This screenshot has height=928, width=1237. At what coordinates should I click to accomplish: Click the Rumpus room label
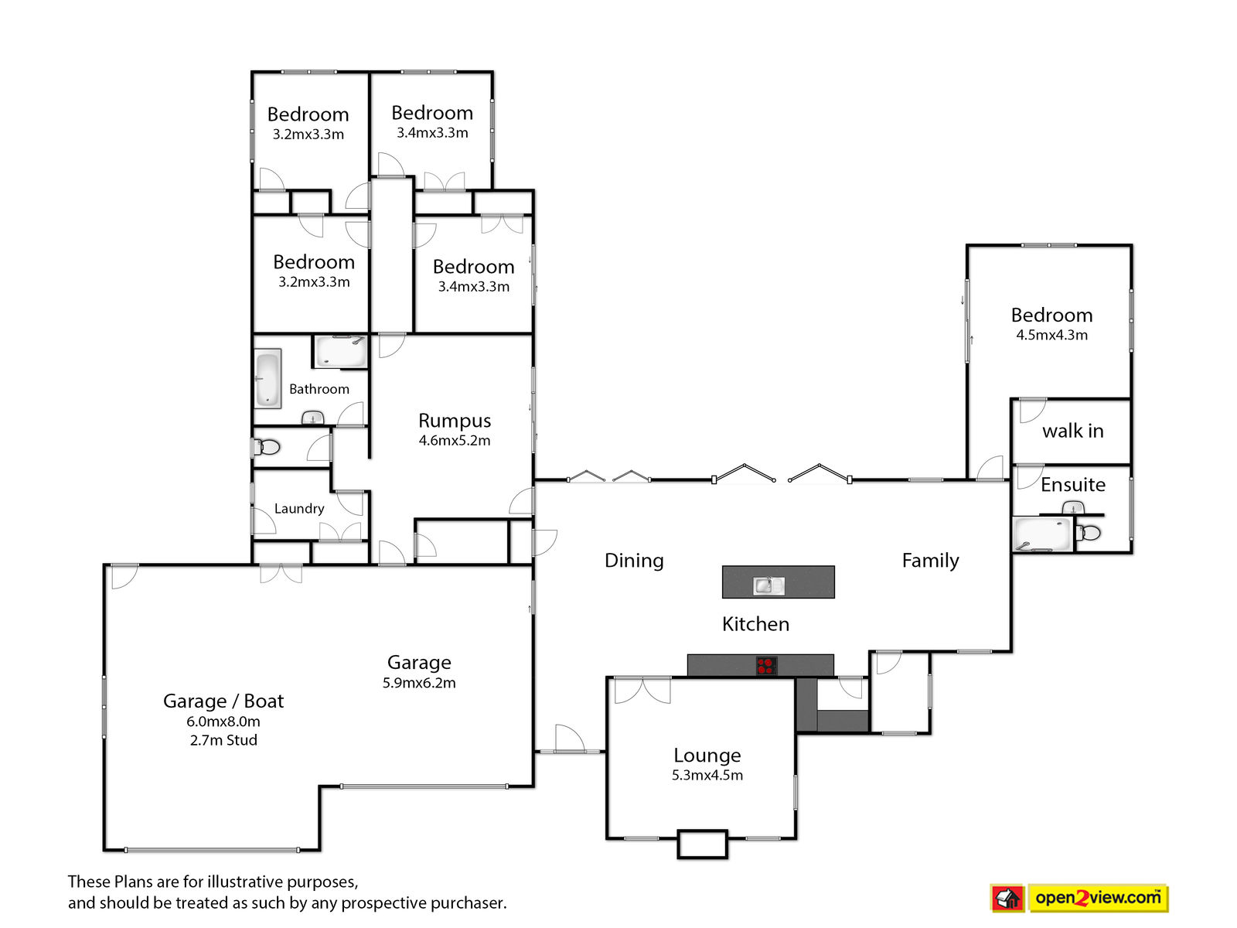point(455,421)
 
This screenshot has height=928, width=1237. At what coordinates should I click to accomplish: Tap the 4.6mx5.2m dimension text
point(455,441)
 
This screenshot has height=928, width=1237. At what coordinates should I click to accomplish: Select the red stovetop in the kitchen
point(766,666)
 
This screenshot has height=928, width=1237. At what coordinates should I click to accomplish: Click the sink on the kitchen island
point(768,586)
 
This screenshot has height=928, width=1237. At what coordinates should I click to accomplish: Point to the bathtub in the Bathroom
point(268,378)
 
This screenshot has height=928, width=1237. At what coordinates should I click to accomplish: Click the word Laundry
point(299,509)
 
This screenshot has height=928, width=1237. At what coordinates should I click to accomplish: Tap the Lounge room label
point(707,755)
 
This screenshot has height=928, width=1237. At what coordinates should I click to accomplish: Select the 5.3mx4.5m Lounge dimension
point(707,776)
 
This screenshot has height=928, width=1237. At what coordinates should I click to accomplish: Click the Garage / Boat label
point(223,701)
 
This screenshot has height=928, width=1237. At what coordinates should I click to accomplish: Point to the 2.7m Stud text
point(223,740)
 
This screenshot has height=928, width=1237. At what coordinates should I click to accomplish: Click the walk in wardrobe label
point(1072,431)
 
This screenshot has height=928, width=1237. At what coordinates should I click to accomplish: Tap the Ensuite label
point(1072,485)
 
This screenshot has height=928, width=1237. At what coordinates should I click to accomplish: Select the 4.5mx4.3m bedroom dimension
point(1051,336)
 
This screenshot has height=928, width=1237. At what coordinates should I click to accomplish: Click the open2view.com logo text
point(1098,897)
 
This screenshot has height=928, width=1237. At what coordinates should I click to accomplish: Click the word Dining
point(634,561)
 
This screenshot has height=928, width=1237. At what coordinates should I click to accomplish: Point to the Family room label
point(930,561)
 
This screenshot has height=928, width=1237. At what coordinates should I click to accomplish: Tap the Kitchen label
point(755,624)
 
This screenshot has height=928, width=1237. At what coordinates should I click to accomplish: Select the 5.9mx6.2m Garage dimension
point(419,683)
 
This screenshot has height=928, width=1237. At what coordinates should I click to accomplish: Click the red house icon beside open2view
point(1007,898)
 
